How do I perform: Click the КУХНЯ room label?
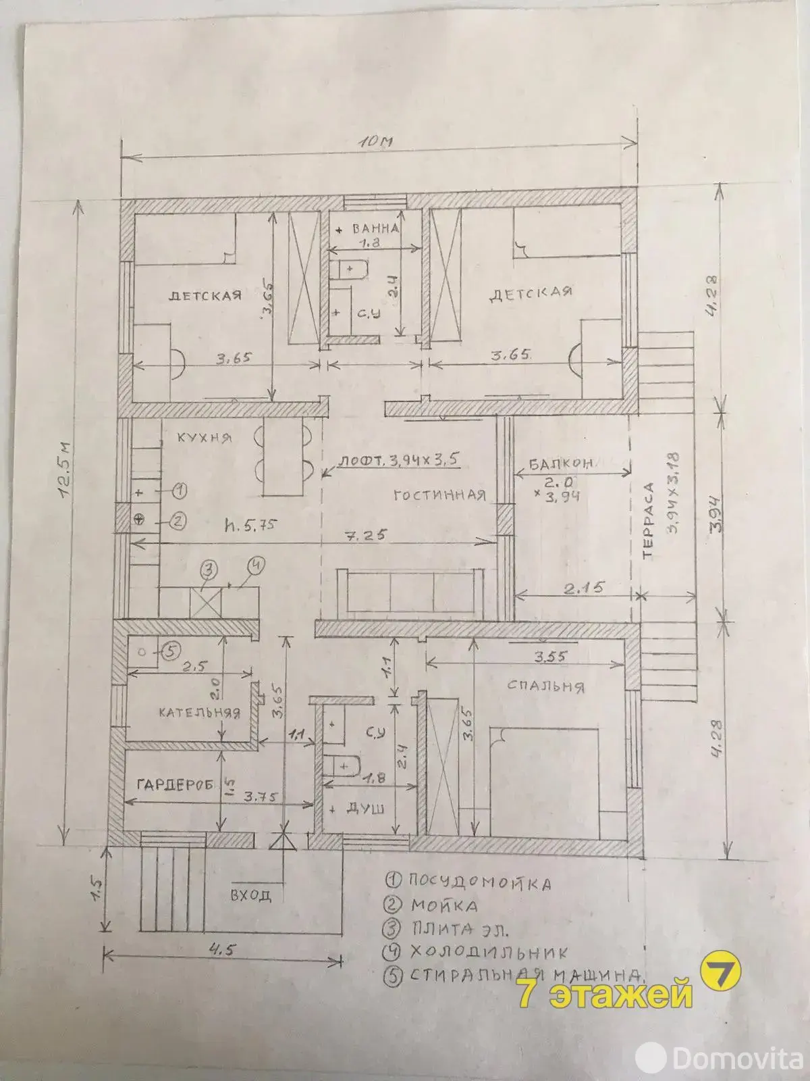(204, 438)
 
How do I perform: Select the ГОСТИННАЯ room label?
(439, 495)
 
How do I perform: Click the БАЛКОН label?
(560, 463)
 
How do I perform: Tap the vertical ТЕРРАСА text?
(649, 520)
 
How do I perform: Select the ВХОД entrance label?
(250, 896)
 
